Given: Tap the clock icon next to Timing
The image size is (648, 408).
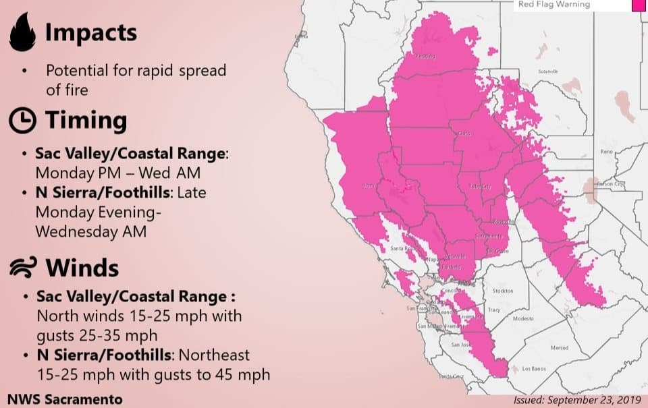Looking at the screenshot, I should (22, 120).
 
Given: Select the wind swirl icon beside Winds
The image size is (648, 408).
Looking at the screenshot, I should (22, 268).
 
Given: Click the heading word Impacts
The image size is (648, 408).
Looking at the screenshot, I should (90, 32).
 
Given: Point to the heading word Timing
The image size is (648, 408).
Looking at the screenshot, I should (86, 120).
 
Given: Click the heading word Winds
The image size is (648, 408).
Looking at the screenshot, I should (82, 268).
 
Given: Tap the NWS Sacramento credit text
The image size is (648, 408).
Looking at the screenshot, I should (65, 399).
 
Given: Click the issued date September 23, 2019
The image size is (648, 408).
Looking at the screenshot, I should (576, 399).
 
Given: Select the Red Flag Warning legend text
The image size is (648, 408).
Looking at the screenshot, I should (553, 5).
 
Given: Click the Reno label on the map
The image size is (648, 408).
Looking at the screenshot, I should (606, 152).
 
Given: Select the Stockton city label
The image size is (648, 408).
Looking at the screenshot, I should (503, 291).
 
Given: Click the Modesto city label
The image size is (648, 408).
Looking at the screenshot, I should (523, 318).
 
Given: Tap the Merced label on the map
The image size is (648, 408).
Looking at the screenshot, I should (559, 347).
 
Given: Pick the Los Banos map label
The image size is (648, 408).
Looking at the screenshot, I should (535, 369).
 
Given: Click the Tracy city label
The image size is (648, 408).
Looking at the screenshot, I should (493, 310).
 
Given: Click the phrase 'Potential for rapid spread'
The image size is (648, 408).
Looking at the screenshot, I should (136, 70).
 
